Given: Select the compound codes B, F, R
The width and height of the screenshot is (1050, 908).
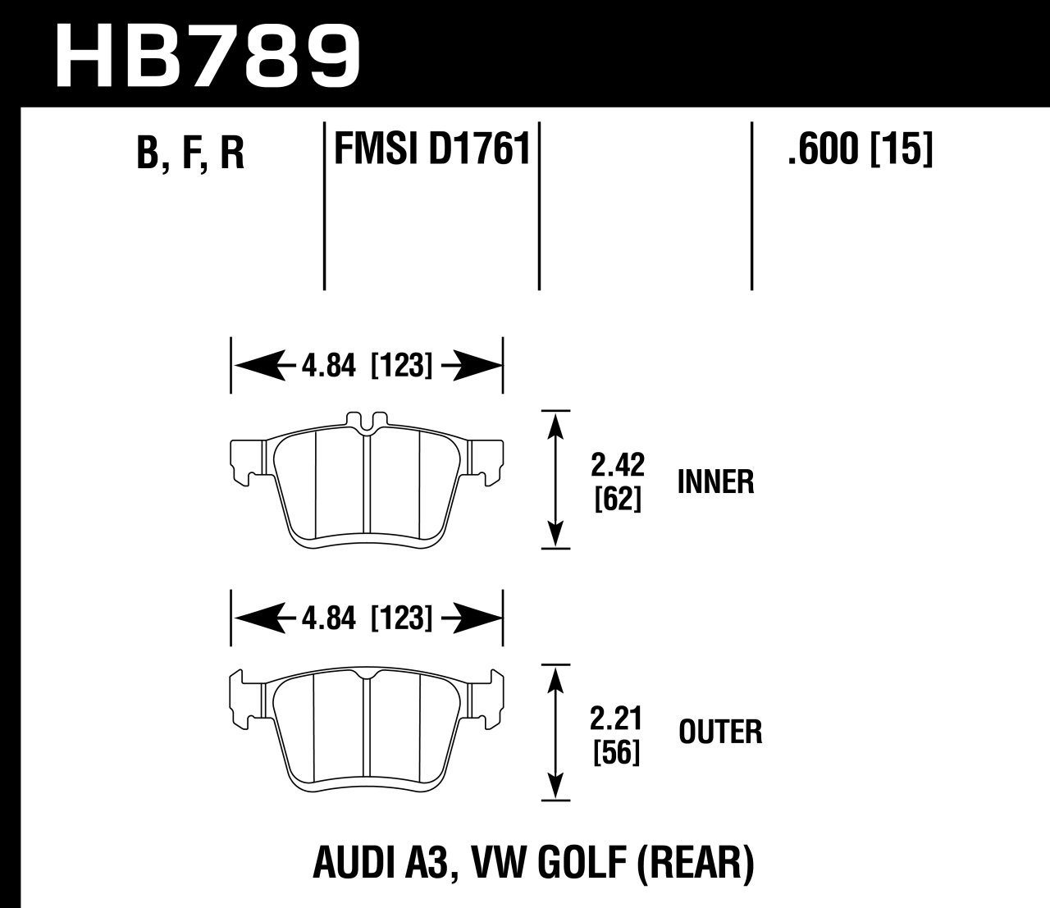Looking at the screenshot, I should (190, 153).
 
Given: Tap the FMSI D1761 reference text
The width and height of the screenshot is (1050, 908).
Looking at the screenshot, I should (431, 150).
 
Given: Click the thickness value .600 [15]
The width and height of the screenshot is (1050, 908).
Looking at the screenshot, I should (860, 150).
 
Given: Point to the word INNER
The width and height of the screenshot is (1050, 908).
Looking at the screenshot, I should (715, 481).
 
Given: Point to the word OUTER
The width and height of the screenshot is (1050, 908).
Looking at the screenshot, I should (720, 731).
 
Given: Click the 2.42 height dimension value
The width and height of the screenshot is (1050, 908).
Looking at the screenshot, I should (618, 465).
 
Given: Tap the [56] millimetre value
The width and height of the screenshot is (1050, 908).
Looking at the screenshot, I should (617, 752).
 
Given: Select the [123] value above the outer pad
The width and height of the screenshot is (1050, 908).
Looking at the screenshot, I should (402, 617).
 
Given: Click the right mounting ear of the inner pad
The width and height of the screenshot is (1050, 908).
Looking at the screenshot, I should (489, 458).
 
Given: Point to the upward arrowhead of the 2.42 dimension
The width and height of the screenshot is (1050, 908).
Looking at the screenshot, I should (557, 424).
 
